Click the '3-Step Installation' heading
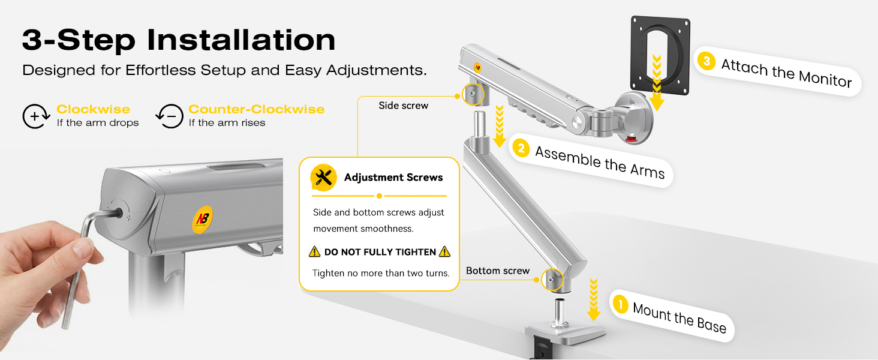pyautogui.click(x=179, y=40)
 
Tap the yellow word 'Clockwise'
pyautogui.click(x=94, y=109)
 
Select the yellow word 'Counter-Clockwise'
pyautogui.click(x=256, y=109)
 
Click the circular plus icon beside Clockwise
pyautogui.click(x=35, y=116)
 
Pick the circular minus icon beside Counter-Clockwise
pyautogui.click(x=169, y=116)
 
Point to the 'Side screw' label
pyautogui.click(x=404, y=106)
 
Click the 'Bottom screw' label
pyautogui.click(x=498, y=271)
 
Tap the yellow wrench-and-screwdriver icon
pyautogui.click(x=323, y=178)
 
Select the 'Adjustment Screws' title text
pyautogui.click(x=393, y=177)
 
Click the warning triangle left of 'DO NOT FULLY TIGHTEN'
pyautogui.click(x=314, y=252)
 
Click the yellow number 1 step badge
pyautogui.click(x=621, y=304)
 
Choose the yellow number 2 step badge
pyautogui.click(x=521, y=149)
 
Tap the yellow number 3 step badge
pyautogui.click(x=706, y=61)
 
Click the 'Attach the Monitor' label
pyautogui.click(x=786, y=73)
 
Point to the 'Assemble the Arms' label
pyautogui.click(x=600, y=163)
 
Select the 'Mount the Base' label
pyautogui.click(x=679, y=317)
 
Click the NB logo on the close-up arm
pyautogui.click(x=203, y=220)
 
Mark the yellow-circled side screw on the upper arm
pyautogui.click(x=473, y=94)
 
